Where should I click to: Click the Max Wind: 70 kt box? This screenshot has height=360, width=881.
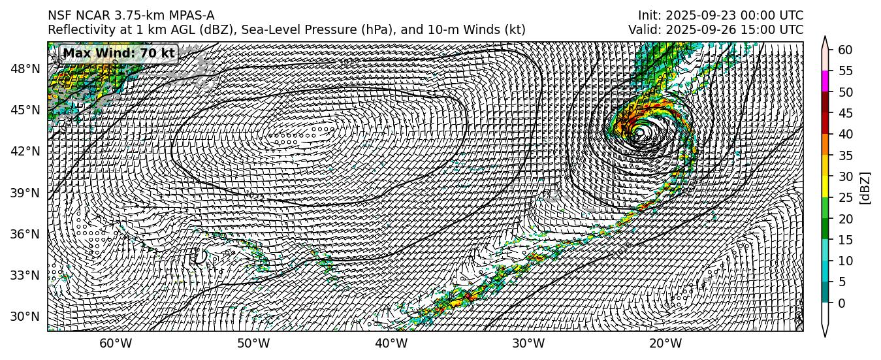[x=119, y=53]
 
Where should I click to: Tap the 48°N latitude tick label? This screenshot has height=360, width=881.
[x=26, y=69]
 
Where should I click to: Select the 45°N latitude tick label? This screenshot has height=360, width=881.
[x=26, y=110]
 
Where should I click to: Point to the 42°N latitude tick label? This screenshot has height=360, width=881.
[x=26, y=151]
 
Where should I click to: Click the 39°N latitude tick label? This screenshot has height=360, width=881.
[x=26, y=193]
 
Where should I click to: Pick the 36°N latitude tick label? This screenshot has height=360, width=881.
[x=26, y=234]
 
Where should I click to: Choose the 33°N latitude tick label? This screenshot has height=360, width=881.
[x=26, y=275]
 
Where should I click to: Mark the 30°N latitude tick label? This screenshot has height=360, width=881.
[x=26, y=317]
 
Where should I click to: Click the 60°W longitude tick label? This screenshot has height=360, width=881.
[x=116, y=344]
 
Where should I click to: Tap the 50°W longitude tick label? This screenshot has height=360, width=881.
[x=253, y=344]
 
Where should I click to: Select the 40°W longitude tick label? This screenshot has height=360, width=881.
[x=391, y=344]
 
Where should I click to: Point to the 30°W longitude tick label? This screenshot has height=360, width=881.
[x=528, y=344]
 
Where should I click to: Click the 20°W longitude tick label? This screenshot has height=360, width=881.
[x=666, y=344]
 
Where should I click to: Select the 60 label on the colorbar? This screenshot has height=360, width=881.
[x=845, y=50]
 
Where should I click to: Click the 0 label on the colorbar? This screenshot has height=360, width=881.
[x=841, y=303]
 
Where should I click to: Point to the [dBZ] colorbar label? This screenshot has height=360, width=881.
[x=865, y=188]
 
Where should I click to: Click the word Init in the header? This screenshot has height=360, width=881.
[x=648, y=16]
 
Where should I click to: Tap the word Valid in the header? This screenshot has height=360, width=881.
[x=643, y=30]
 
